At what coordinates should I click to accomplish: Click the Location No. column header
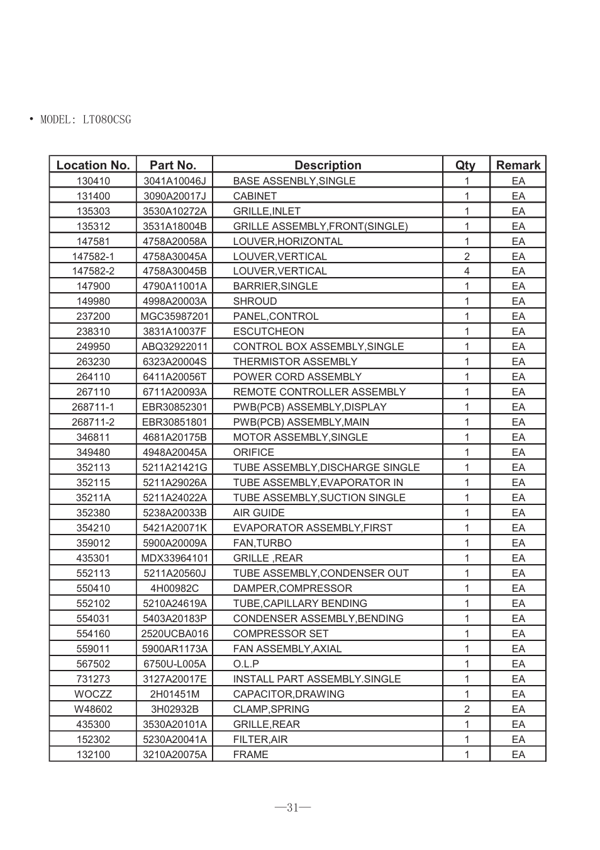pos(93,165)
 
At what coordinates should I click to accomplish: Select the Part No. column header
pos(173,165)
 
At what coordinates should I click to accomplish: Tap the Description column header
pos(328,165)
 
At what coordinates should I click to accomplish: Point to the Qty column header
pos(465,165)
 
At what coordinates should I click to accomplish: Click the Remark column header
pos(518,165)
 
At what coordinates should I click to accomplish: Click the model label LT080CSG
pos(86,120)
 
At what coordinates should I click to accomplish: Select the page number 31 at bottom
pos(292,807)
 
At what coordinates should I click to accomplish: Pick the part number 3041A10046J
pos(174,181)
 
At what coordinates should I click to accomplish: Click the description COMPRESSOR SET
pos(281,633)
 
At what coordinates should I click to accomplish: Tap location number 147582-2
pos(93,271)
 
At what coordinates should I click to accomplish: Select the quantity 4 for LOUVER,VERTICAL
pos(467,271)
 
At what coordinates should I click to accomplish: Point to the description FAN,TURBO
pos(262,543)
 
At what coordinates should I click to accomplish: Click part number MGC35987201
pos(174,316)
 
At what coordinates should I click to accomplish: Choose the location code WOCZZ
pos(93,694)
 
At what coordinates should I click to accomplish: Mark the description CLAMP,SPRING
pos(271,709)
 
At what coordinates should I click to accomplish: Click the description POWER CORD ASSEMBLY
pos(297,377)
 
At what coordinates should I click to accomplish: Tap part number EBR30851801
pos(174,422)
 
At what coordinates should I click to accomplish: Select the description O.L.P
pos(246,664)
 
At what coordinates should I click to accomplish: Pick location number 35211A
pos(93,497)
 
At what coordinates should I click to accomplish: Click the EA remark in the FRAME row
pos(518,754)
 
